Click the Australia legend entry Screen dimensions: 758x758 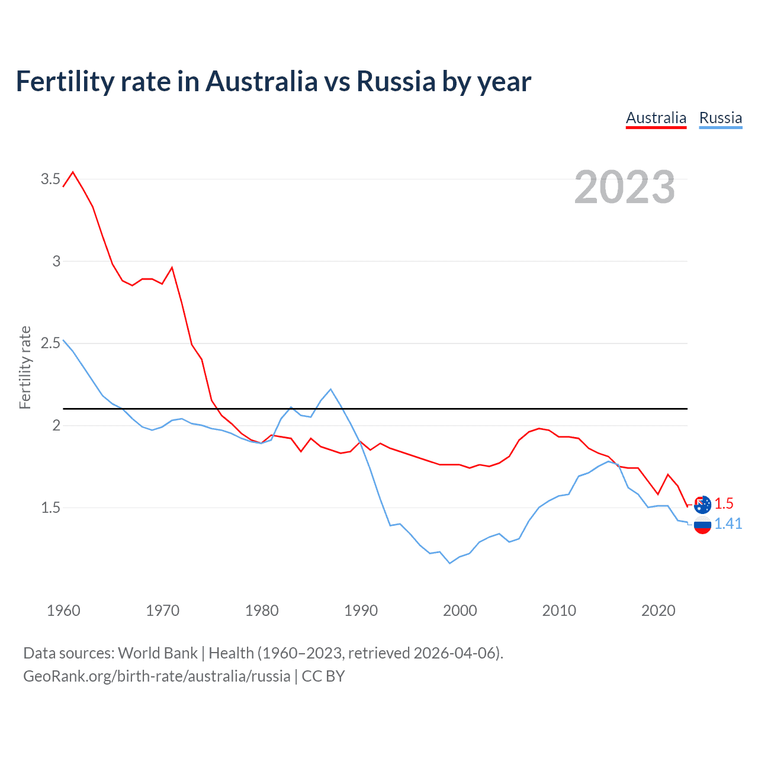coord(656,118)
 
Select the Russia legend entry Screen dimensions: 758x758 coord(720,118)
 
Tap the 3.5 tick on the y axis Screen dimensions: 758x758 coord(50,179)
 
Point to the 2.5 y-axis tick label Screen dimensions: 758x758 coord(50,343)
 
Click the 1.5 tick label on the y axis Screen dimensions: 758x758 coord(50,508)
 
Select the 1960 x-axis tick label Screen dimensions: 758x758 coord(63,611)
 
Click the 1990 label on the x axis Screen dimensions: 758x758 coord(361,611)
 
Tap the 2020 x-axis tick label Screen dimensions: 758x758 coord(658,611)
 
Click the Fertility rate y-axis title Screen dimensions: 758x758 coord(25,367)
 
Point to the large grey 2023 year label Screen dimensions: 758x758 coord(624,187)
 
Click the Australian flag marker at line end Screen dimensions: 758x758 coord(702,505)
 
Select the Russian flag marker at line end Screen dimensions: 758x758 coord(702,524)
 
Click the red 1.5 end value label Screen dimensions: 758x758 coord(724,503)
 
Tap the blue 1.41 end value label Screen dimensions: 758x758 coord(728,523)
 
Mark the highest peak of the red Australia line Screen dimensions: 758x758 coord(73,172)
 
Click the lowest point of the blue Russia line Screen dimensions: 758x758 coord(450,563)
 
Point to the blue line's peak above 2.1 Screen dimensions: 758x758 coord(330,389)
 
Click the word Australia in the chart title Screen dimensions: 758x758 coord(262,81)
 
